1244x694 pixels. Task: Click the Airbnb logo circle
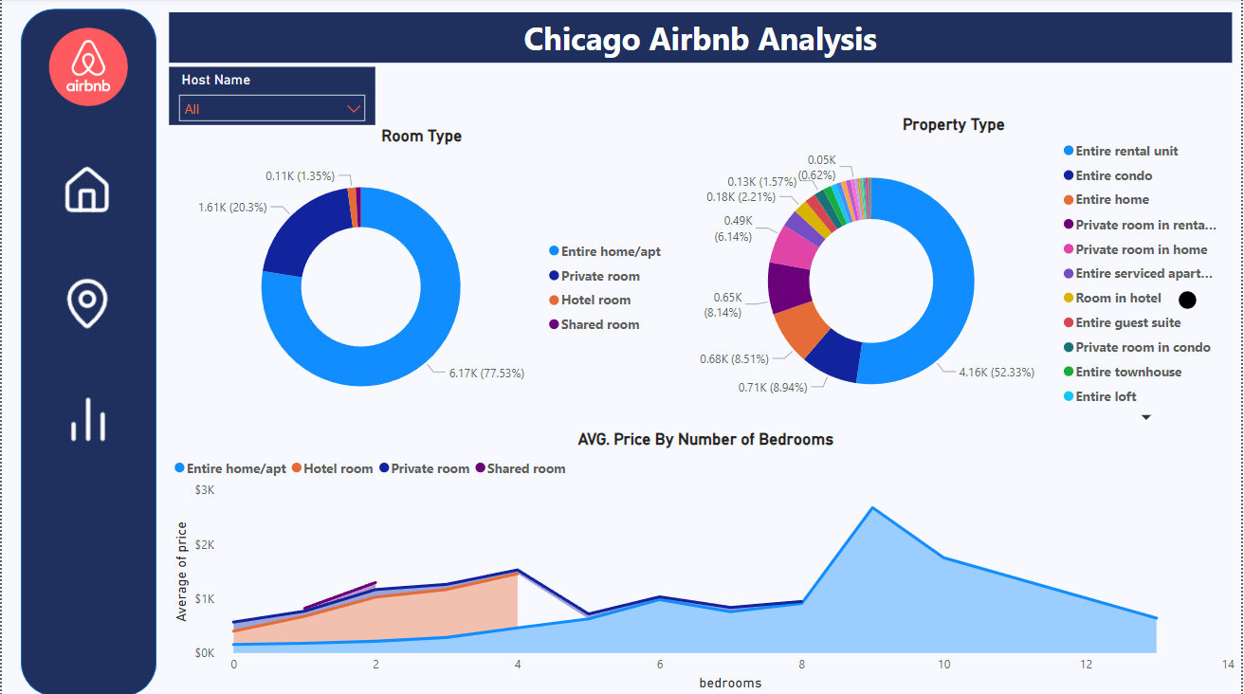point(88,66)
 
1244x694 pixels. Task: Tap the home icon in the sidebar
point(87,190)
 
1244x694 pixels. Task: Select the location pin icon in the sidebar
point(87,302)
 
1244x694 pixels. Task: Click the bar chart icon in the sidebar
point(87,419)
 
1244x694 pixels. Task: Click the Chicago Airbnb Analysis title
point(700,40)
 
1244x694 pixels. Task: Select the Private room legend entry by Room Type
point(599,276)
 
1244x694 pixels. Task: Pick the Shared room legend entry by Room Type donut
point(599,324)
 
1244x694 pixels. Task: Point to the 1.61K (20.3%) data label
point(232,207)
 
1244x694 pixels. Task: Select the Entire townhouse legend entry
point(1128,372)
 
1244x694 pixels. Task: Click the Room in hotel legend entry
point(1118,298)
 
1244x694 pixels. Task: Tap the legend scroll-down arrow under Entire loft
point(1145,417)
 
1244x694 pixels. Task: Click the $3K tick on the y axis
point(205,490)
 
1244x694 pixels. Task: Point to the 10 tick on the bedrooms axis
point(943,665)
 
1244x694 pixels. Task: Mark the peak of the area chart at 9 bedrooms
point(872,507)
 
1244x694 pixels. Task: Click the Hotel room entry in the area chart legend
point(338,468)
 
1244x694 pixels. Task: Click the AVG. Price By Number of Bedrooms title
point(705,439)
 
